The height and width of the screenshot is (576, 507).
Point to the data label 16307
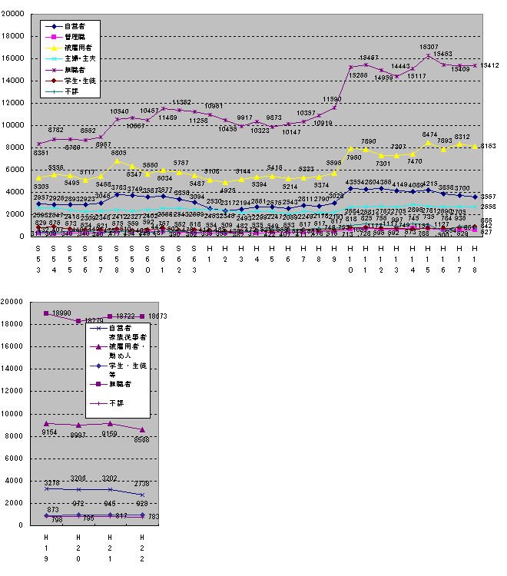429,48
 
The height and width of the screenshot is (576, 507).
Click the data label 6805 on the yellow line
119,153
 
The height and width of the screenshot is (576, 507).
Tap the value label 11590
333,100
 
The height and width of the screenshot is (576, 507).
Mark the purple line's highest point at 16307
428,55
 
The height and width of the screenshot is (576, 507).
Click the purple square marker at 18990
47,313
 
